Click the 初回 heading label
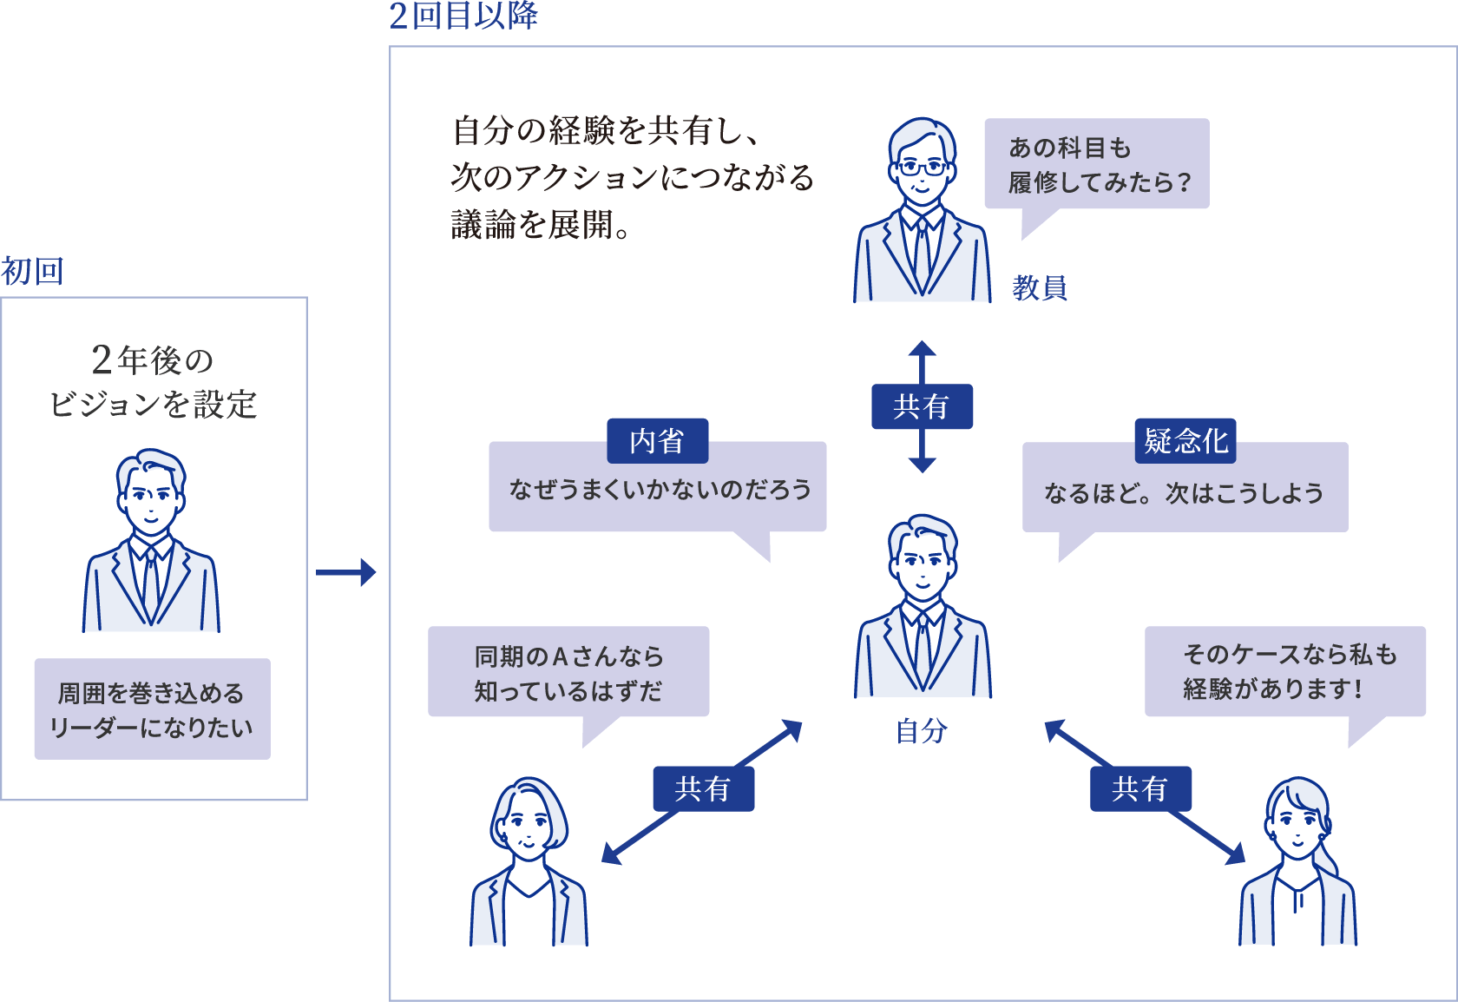point(32,272)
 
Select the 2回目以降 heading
point(463,16)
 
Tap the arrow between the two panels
point(345,572)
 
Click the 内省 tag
point(657,441)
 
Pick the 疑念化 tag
point(1185,441)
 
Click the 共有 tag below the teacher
point(922,406)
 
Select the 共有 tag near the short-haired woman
point(703,788)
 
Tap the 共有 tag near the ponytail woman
point(1140,788)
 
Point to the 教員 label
point(1040,287)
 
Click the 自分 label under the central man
point(922,731)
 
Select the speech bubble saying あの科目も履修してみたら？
point(1097,164)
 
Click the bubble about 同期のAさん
point(568,672)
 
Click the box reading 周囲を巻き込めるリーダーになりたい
point(153,709)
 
